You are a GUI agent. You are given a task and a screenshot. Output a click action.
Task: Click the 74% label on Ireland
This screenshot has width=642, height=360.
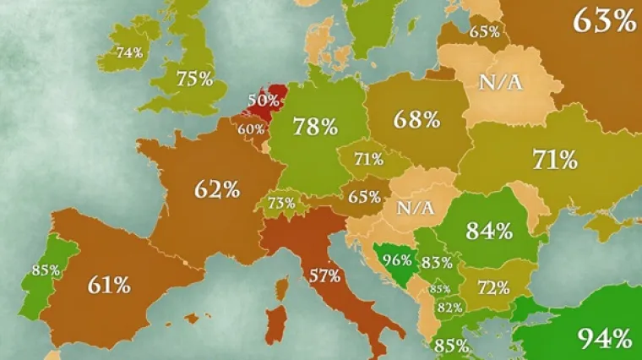pyautogui.click(x=129, y=52)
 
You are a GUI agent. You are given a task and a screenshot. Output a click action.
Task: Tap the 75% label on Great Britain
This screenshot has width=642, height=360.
pyautogui.click(x=194, y=79)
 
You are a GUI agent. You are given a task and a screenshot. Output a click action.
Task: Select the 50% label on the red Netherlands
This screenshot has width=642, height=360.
pyautogui.click(x=262, y=100)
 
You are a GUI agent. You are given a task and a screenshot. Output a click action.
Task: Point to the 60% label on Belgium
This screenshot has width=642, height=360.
pyautogui.click(x=251, y=129)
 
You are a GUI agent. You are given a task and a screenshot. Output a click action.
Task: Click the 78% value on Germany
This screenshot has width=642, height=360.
pyautogui.click(x=315, y=127)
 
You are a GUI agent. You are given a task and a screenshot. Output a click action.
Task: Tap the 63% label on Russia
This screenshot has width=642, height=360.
pyautogui.click(x=603, y=19)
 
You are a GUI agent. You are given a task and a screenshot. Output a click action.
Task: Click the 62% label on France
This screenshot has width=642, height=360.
pyautogui.click(x=217, y=188)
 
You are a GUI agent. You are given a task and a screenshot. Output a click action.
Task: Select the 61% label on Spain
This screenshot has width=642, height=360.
pyautogui.click(x=108, y=285)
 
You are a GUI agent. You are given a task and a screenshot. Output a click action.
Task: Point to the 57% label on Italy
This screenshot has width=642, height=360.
pyautogui.click(x=324, y=275)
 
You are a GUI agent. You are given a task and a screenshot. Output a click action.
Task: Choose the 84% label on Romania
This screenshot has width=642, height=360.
pyautogui.click(x=490, y=230)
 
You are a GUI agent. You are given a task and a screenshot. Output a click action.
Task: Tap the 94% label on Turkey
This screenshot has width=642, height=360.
pyautogui.click(x=604, y=339)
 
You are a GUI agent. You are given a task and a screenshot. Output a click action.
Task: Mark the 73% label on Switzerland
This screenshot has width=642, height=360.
pyautogui.click(x=281, y=204)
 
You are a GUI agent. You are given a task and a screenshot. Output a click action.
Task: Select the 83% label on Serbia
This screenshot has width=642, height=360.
pyautogui.click(x=437, y=262)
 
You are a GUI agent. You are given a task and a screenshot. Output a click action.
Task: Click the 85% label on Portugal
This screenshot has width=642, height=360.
pyautogui.click(x=45, y=270)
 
